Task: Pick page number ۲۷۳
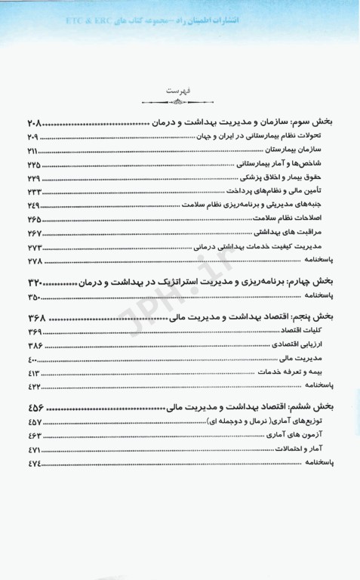(34, 246)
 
